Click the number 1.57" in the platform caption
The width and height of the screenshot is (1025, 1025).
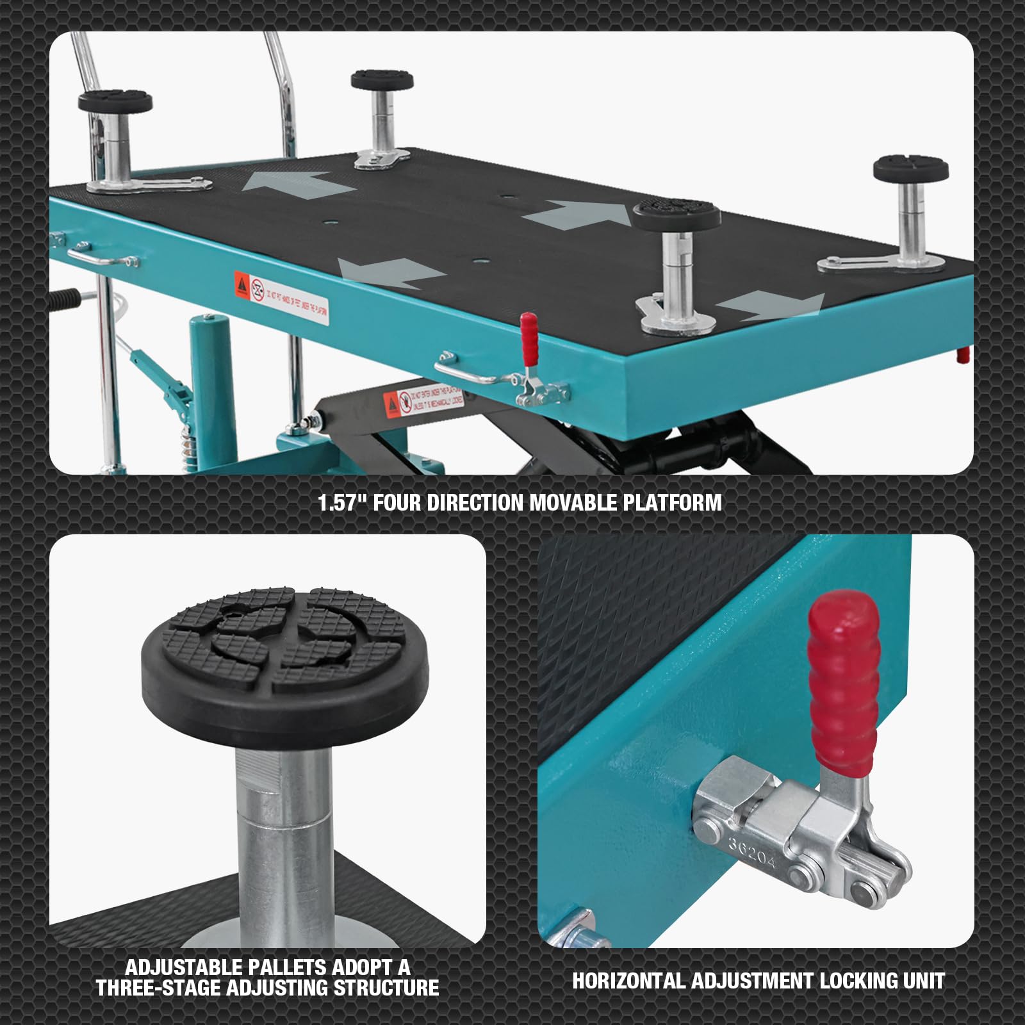[337, 503]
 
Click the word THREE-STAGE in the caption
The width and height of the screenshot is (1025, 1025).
[159, 988]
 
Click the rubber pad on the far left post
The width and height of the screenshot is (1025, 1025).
[115, 101]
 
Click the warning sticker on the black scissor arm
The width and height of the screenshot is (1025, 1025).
[423, 400]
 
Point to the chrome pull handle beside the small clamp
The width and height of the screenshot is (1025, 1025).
[464, 372]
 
